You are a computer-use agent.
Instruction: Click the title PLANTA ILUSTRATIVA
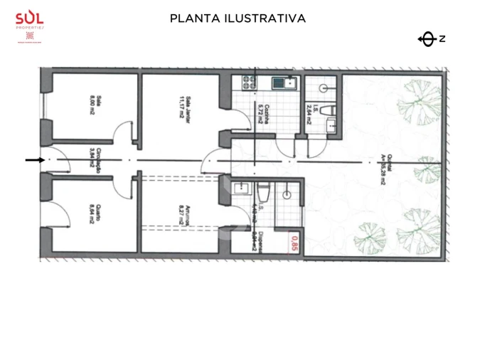coord(238,18)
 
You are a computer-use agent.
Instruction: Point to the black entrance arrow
coord(33,160)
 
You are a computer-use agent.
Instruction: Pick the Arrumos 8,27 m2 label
coord(183,216)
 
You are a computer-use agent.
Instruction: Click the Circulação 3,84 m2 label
coord(92,157)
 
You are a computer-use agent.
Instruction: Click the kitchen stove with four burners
coord(250,83)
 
